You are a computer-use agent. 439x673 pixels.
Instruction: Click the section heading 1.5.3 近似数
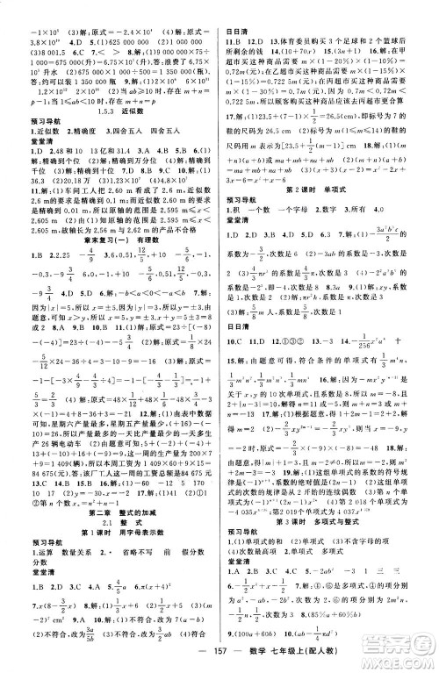[112, 112]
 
